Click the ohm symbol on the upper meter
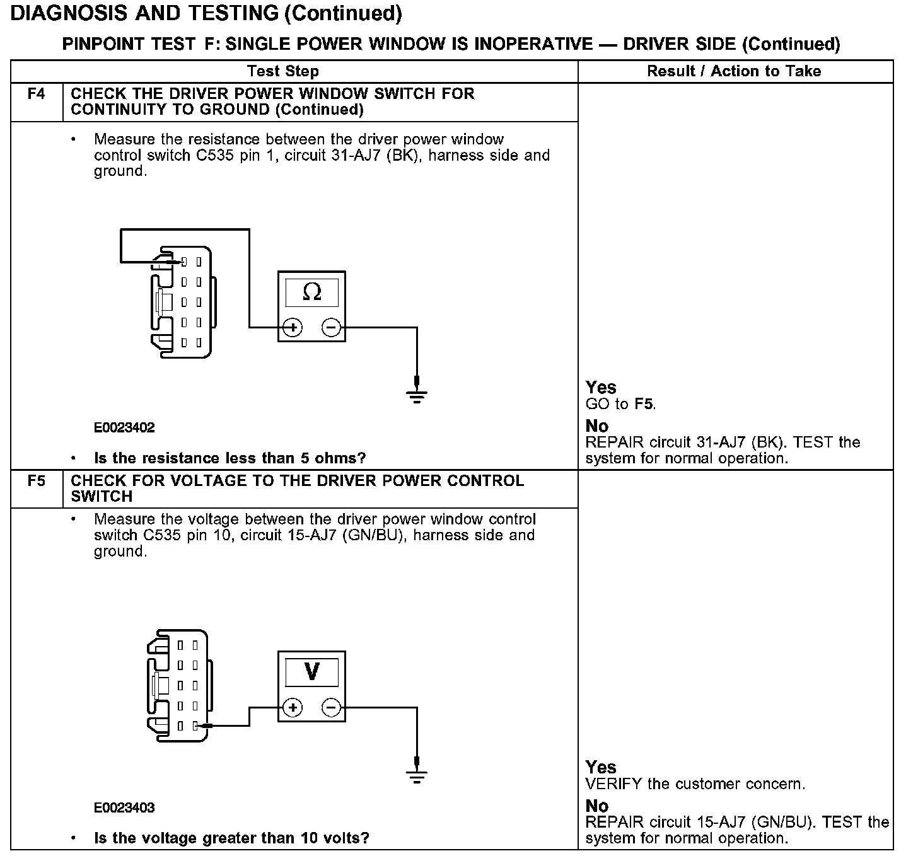(x=312, y=292)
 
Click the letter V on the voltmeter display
(x=312, y=672)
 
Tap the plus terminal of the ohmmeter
(x=293, y=328)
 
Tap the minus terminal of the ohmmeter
(x=332, y=328)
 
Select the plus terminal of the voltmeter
(x=293, y=708)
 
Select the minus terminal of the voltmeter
(x=332, y=708)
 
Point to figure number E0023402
(x=124, y=428)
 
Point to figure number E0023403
(x=124, y=808)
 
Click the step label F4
(x=37, y=95)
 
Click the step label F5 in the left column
(x=37, y=482)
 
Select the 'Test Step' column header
(x=283, y=71)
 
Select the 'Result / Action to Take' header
(x=734, y=71)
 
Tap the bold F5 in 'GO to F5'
(x=644, y=404)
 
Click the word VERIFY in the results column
(x=613, y=785)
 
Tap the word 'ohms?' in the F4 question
(x=344, y=458)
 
